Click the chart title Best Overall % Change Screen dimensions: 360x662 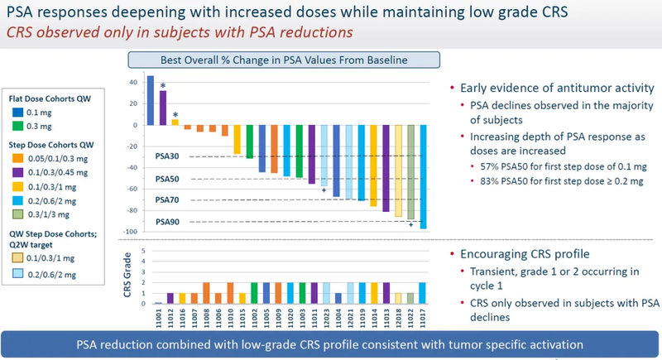pyautogui.click(x=284, y=60)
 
